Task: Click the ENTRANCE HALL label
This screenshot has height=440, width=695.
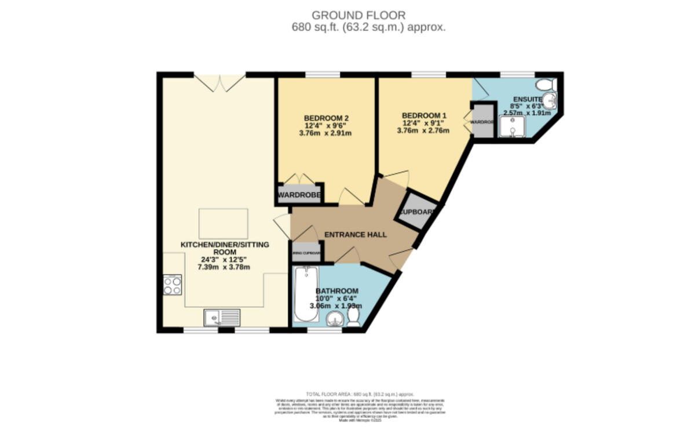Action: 355,235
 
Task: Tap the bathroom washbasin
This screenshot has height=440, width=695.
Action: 335,318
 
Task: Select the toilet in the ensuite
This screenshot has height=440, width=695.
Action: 546,85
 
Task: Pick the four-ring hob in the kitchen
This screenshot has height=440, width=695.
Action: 172,284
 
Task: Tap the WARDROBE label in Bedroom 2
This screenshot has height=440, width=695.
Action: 299,195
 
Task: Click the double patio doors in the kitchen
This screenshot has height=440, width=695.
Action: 219,83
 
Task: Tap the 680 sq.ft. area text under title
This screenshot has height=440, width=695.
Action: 369,27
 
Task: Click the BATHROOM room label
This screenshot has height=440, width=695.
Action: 336,291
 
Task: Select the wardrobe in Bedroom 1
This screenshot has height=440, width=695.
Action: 482,122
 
